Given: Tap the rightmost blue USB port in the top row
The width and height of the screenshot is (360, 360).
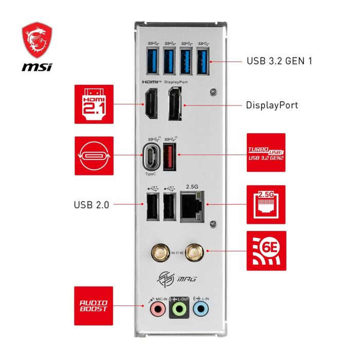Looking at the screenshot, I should tap(204, 59).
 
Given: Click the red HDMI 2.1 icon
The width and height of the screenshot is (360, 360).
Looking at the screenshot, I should tap(94, 104).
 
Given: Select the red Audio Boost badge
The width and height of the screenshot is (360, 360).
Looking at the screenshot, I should tap(94, 307).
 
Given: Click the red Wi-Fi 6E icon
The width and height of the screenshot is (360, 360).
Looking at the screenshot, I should tap(266, 251).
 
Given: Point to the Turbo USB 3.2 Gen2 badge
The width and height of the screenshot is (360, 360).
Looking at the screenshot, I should tap(266, 153).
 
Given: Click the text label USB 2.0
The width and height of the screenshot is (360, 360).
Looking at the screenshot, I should tap(91, 204).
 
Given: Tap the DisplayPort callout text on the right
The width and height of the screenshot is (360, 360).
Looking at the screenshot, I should tap(272, 105).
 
